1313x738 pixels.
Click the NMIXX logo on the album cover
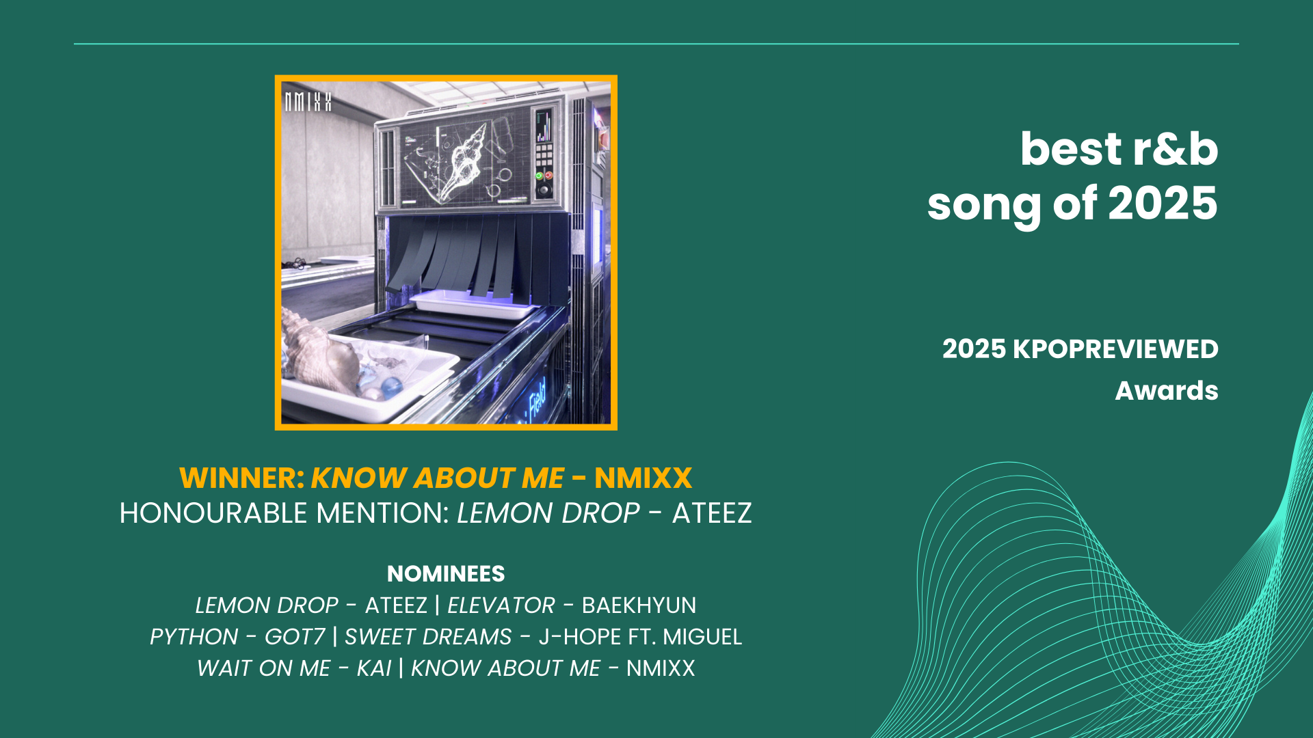[x=308, y=102]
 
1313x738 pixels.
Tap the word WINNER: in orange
[x=242, y=478]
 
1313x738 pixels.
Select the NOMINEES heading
[x=446, y=573]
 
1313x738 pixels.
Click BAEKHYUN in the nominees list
[x=639, y=605]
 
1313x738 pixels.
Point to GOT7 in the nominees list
[x=295, y=637]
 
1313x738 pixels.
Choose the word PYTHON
[x=194, y=637]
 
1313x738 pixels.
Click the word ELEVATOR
[x=501, y=605]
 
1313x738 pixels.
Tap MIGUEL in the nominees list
[x=702, y=637]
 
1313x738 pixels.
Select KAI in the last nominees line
[x=374, y=668]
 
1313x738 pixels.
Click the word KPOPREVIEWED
[x=1115, y=349]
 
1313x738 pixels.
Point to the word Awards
[x=1167, y=391]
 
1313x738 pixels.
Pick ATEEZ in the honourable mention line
[x=712, y=513]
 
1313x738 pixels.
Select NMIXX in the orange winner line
[x=644, y=478]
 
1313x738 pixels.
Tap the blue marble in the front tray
[x=391, y=387]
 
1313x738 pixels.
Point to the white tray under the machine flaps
[x=472, y=303]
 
